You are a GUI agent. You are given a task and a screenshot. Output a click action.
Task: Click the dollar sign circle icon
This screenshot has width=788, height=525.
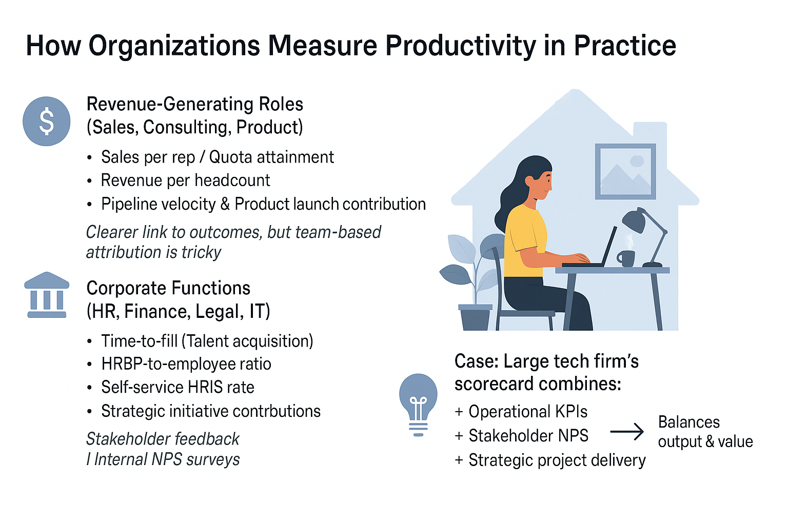[47, 122]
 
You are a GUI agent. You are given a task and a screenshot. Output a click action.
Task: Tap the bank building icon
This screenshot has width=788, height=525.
[47, 295]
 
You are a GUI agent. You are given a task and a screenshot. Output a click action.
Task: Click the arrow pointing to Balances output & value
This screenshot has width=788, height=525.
[627, 432]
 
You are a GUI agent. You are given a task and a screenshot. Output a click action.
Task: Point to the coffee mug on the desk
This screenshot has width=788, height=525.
[626, 258]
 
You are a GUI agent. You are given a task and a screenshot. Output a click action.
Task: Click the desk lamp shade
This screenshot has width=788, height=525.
[635, 220]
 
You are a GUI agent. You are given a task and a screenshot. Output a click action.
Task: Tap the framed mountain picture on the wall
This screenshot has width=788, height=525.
[625, 171]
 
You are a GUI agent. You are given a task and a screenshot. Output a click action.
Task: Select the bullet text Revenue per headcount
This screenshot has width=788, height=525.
[185, 180]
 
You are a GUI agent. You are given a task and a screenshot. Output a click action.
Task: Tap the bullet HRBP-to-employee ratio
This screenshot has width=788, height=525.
[186, 364]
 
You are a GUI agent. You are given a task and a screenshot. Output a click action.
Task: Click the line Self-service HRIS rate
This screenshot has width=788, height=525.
[178, 387]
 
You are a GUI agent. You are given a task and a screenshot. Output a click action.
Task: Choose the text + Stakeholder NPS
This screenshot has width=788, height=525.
[521, 436]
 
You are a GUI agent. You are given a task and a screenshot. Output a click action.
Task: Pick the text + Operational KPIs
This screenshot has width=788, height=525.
[521, 411]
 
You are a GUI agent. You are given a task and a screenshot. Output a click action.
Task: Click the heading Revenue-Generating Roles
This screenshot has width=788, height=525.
[195, 104]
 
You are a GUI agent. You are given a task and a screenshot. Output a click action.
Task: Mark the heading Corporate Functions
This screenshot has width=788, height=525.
[168, 288]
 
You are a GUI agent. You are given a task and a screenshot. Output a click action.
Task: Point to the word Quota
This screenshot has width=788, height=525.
[230, 157]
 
